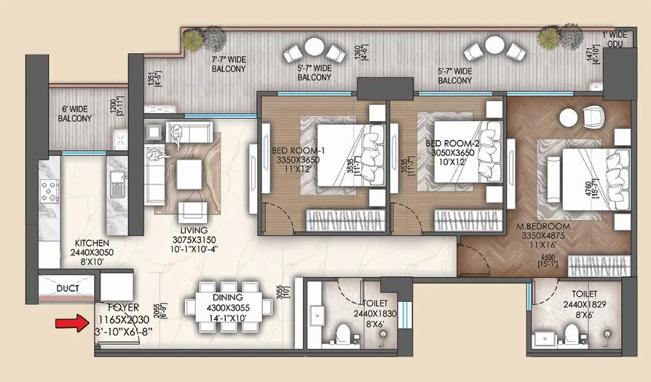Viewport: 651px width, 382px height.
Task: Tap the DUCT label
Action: pos(67,289)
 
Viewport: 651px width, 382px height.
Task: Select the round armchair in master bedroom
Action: pos(591,117)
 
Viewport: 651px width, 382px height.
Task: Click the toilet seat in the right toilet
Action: pos(575,336)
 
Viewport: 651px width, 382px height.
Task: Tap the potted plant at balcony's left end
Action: pos(212,37)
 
